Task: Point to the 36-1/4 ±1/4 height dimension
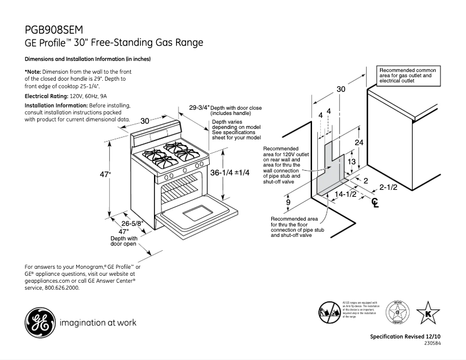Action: [230, 172]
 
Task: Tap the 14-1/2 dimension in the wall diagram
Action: [345, 194]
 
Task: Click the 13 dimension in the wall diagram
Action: [350, 162]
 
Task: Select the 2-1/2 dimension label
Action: [389, 187]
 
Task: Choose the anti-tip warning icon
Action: [328, 312]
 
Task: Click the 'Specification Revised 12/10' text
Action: [406, 337]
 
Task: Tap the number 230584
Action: [433, 344]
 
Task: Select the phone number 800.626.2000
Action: [61, 287]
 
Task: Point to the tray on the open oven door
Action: [198, 213]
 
